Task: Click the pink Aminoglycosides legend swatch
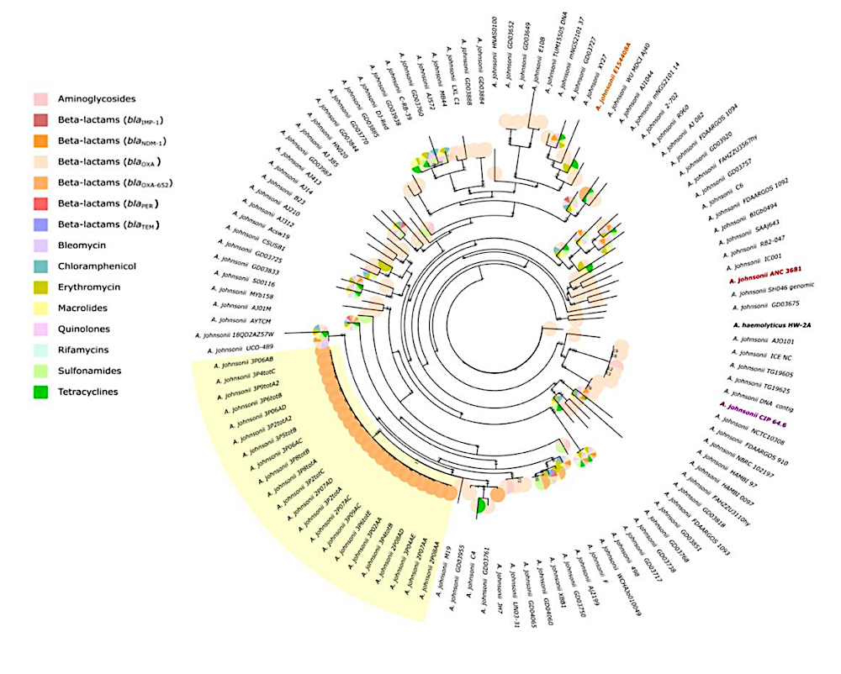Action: pos(40,99)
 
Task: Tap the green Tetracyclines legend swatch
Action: pos(40,391)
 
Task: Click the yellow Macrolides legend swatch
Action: pos(40,308)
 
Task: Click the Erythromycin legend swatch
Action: pos(40,287)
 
